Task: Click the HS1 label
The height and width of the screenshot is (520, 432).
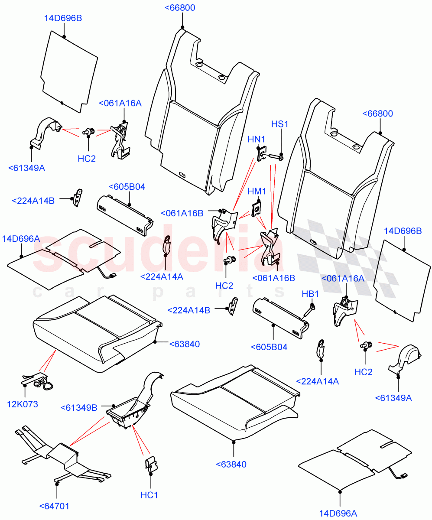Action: tap(279, 124)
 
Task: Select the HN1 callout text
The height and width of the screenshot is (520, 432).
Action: tap(257, 139)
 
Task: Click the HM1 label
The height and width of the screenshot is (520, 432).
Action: tap(257, 191)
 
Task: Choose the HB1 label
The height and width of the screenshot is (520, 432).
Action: tap(310, 294)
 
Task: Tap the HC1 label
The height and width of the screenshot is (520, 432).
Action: tap(149, 495)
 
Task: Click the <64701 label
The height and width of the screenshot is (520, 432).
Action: tap(54, 506)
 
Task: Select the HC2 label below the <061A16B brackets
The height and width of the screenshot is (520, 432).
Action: tap(224, 286)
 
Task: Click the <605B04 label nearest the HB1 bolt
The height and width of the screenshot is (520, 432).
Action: tap(269, 347)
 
